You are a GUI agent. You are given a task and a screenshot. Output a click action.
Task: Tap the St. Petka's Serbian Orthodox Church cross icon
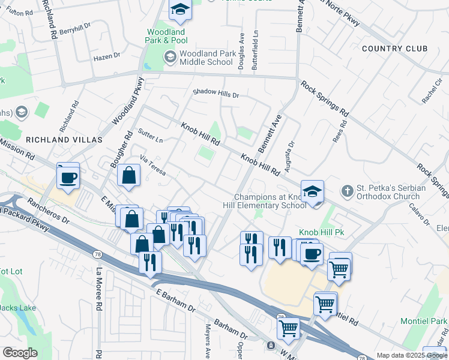[347, 191]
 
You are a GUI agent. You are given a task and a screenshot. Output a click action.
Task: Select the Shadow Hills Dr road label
[215, 94]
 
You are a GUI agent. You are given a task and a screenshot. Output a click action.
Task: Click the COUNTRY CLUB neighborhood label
[395, 49]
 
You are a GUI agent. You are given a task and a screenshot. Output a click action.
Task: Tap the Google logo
[20, 353]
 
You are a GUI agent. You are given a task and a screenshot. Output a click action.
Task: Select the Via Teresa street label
[152, 166]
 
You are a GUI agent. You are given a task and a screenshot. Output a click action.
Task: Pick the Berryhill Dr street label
[74, 28]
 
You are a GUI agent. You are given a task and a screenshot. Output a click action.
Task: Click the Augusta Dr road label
[291, 152]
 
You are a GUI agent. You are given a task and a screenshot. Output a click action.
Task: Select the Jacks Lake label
[17, 308]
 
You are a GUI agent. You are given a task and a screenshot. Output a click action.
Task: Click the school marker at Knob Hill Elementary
[312, 191]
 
